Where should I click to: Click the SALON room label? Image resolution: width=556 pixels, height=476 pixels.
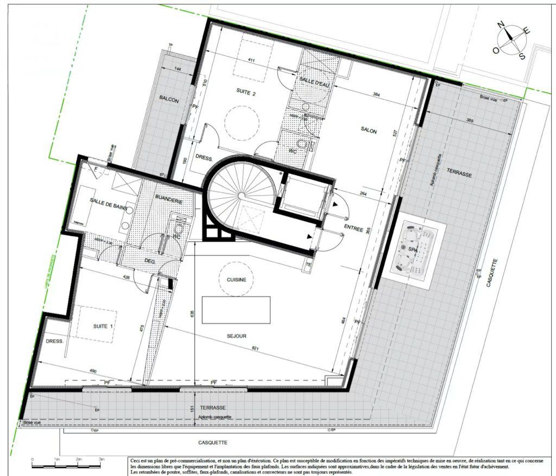click(369, 131)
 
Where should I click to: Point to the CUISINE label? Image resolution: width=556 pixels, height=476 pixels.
click(233, 280)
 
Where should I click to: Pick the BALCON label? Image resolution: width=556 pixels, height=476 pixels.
click(169, 100)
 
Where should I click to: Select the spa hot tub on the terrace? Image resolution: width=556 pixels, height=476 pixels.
click(414, 249)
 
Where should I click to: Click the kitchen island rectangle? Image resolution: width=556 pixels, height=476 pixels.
click(236, 310)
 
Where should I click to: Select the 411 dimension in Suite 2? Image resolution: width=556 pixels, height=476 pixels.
click(251, 60)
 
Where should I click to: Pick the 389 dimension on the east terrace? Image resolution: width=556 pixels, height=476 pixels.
click(471, 120)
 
